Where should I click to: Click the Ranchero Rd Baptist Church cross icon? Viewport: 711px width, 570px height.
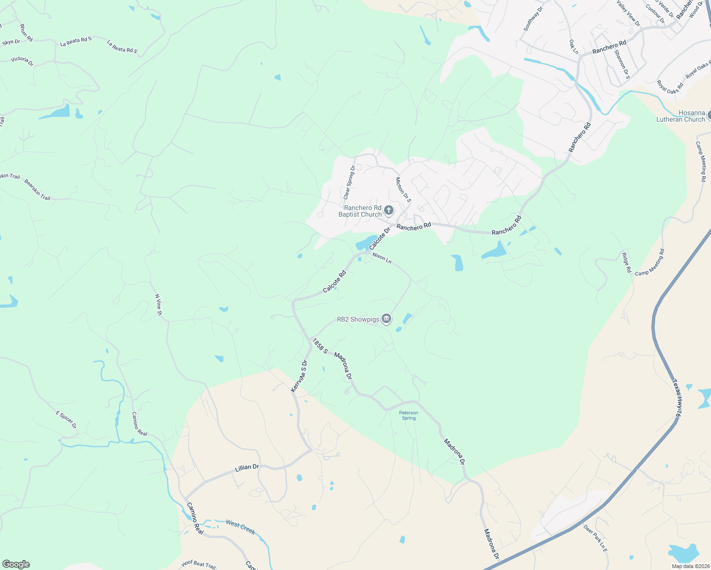(389, 210)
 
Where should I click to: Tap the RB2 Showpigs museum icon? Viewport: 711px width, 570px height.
(386, 319)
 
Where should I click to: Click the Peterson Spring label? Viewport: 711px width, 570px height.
(409, 415)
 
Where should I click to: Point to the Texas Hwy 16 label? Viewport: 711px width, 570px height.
(677, 399)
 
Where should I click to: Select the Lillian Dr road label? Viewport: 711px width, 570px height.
(247, 467)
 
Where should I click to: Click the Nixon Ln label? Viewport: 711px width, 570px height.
(382, 258)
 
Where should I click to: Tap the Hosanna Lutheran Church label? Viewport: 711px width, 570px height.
(681, 116)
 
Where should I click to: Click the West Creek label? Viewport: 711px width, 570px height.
(240, 527)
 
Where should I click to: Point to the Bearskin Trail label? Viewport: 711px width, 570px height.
(38, 190)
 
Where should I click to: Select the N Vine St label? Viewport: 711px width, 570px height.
(159, 305)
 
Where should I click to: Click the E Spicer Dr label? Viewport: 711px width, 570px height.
(67, 420)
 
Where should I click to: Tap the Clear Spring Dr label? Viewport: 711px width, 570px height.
(349, 182)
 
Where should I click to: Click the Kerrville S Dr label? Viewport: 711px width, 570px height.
(299, 376)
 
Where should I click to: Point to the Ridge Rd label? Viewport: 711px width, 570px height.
(627, 263)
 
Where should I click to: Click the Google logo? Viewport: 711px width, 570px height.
(16, 564)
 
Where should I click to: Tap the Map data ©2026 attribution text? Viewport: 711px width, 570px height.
(690, 566)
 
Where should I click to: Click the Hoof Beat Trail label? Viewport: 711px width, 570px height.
(199, 564)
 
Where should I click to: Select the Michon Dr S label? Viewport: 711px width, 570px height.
(403, 190)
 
